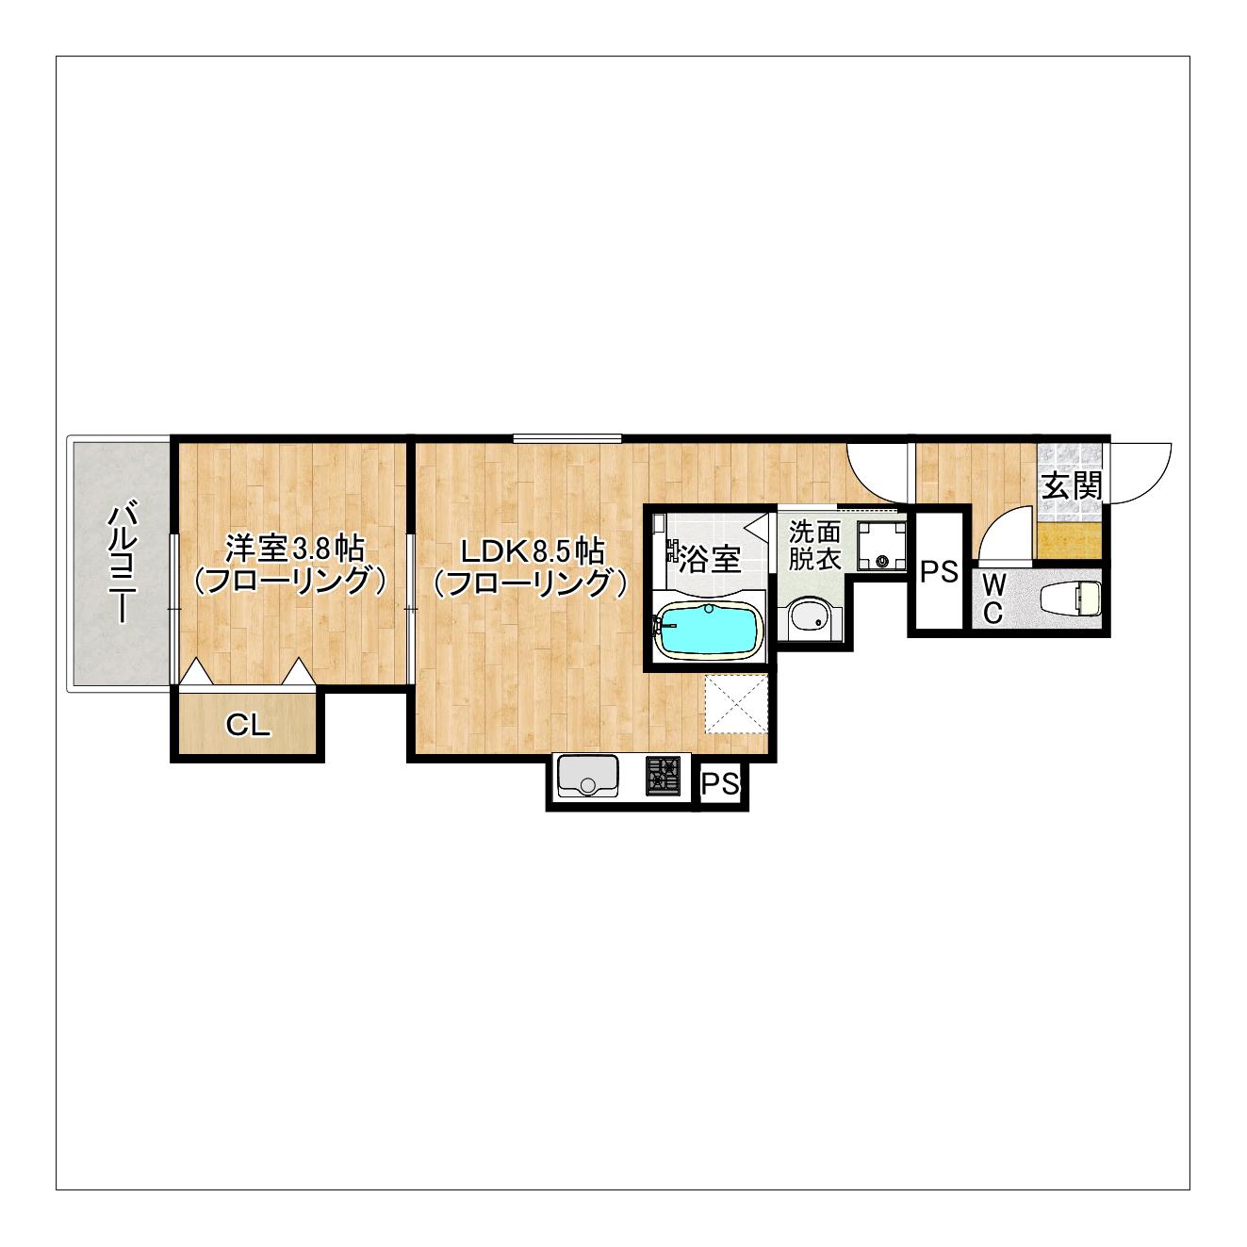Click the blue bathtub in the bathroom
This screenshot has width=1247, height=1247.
click(x=709, y=631)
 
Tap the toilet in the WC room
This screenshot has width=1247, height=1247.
click(x=1071, y=598)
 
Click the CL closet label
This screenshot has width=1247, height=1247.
click(x=247, y=726)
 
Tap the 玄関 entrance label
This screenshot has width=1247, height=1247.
click(x=1071, y=485)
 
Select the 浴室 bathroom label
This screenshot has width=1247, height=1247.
click(x=710, y=559)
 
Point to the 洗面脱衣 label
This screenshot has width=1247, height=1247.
click(x=813, y=546)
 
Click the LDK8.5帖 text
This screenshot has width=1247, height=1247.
click(x=532, y=552)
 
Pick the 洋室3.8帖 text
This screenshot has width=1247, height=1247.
click(x=294, y=549)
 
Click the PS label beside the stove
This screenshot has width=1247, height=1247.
click(x=721, y=784)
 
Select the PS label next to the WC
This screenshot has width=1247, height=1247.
click(x=939, y=571)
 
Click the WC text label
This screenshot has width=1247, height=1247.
click(x=994, y=599)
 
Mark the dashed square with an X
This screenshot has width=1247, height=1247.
click(x=736, y=704)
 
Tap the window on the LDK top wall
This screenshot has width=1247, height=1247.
click(x=567, y=438)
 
